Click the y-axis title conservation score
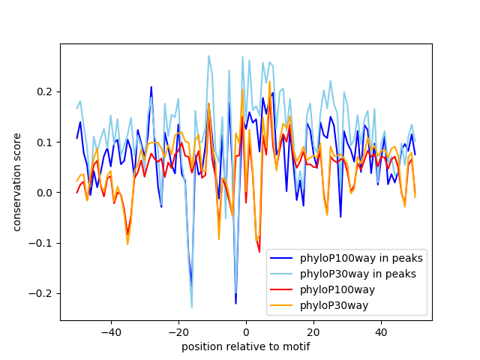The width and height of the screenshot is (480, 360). coord(16,182)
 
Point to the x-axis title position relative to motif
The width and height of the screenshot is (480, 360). coord(245,346)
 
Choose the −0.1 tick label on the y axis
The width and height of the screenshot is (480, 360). coord(43,243)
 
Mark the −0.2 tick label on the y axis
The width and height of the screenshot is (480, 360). coord(43,293)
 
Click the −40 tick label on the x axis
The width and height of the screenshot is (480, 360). coord(110,331)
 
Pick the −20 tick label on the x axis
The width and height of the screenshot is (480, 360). coord(178,331)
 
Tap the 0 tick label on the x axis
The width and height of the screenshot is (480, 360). coord(245,331)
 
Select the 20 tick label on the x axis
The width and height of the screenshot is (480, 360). coord(313,331)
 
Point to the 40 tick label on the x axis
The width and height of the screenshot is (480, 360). coord(380,331)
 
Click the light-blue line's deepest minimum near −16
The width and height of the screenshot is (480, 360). coord(191,307)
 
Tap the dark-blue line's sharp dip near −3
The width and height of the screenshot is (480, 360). coord(235,303)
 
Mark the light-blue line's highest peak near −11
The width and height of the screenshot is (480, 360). coord(208,55)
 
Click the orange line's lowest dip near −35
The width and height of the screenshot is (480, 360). coord(127,244)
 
